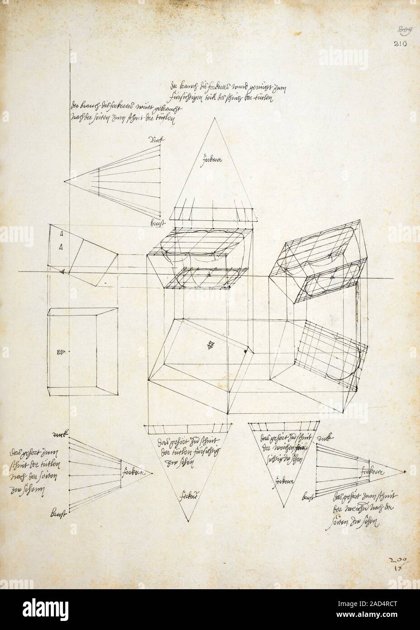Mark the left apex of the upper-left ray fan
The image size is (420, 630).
64,181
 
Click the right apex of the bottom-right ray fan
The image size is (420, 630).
402,472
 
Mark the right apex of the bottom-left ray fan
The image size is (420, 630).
153,473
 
